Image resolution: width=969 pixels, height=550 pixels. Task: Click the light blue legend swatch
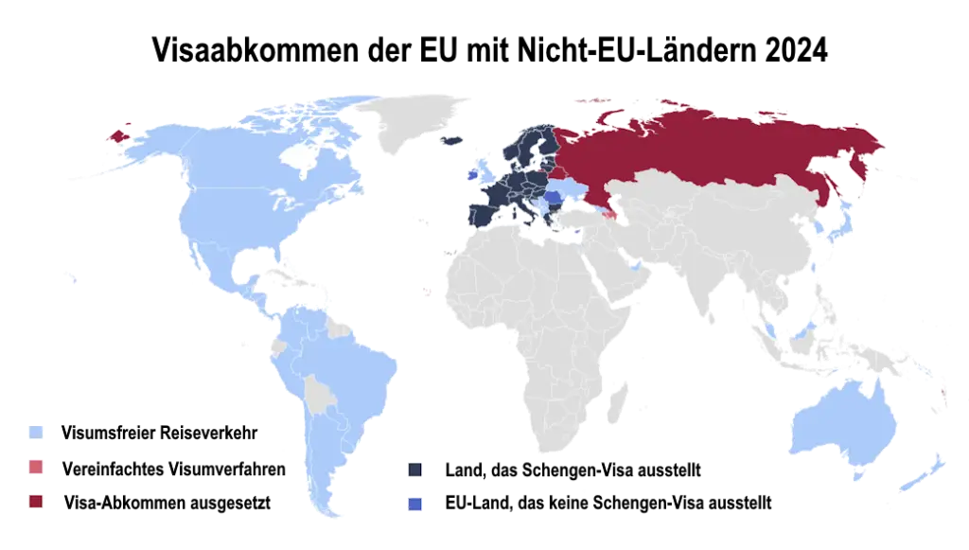(34, 432)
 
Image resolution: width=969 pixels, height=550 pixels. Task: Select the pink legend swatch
(35, 467)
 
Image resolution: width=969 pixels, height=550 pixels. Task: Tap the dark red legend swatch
(35, 502)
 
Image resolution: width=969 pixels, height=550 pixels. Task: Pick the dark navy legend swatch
(414, 470)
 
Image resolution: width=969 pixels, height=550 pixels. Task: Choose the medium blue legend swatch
(414, 503)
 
